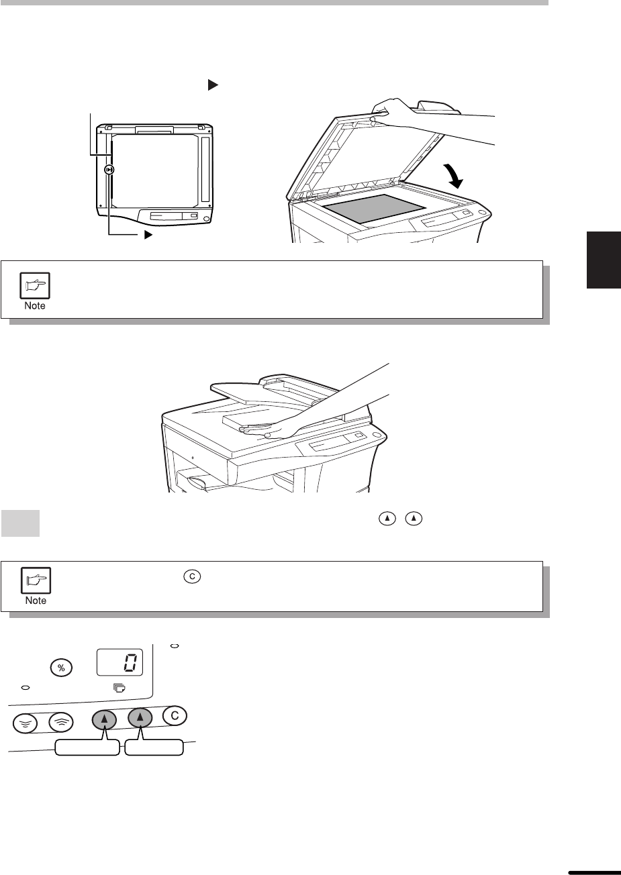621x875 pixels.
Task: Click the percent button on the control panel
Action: pyautogui.click(x=61, y=668)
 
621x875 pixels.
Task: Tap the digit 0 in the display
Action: pyautogui.click(x=130, y=662)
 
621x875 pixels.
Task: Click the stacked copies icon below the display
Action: pyautogui.click(x=120, y=688)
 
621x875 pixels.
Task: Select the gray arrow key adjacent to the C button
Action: pyautogui.click(x=140, y=717)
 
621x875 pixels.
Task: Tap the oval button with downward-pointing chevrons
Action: pyautogui.click(x=25, y=723)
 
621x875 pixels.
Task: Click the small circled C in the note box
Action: pyautogui.click(x=192, y=576)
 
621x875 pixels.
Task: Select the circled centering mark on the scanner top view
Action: pyautogui.click(x=109, y=170)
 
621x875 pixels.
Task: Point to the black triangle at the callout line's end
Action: pyautogui.click(x=148, y=235)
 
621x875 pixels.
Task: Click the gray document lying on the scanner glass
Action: pyautogui.click(x=374, y=208)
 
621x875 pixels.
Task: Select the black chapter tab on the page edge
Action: pyautogui.click(x=604, y=260)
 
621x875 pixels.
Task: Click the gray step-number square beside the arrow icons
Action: pyautogui.click(x=20, y=523)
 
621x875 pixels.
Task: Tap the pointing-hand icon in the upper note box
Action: pyautogui.click(x=35, y=286)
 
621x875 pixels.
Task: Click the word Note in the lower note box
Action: pyautogui.click(x=36, y=601)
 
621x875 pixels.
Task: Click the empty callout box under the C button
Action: pyautogui.click(x=154, y=748)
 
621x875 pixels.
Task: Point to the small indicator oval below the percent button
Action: pyautogui.click(x=26, y=688)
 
